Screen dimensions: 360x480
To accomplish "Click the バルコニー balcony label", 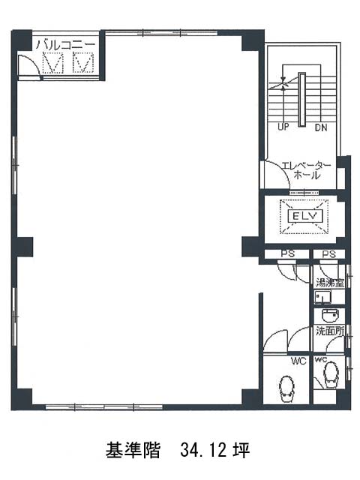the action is tap(66, 45).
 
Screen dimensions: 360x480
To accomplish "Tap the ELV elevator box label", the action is tap(304, 217).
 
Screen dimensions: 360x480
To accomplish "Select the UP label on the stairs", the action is tap(283, 127).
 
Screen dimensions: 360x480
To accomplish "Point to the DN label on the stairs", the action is tap(321, 127).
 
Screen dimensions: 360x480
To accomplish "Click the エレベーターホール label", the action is tap(307, 170).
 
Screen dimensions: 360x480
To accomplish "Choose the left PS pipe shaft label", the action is tap(288, 253).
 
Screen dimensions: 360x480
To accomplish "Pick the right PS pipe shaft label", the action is tap(329, 254).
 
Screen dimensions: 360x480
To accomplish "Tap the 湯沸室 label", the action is tap(330, 283).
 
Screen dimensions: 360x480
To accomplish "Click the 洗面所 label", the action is tap(330, 331).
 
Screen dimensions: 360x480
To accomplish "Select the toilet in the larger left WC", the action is tap(286, 388).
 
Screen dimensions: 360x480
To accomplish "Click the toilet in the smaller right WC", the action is tap(331, 374).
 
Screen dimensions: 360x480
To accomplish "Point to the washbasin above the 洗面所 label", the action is tap(330, 316).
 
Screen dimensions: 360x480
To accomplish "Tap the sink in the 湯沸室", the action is tap(322, 297).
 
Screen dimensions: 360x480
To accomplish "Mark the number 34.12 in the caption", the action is tap(203, 450).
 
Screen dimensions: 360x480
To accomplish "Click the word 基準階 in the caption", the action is tap(133, 450).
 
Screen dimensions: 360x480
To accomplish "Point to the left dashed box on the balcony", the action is tap(52, 63).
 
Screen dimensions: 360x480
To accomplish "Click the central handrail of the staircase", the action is tap(301, 100).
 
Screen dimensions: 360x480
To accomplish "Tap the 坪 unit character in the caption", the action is tap(241, 450).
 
